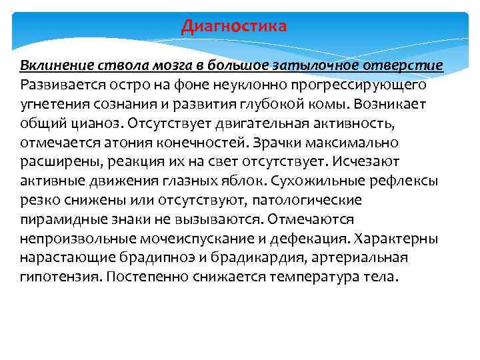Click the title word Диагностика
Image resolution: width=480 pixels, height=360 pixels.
(234, 26)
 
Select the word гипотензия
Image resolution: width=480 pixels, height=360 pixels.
(58, 277)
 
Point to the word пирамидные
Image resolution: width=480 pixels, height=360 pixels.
(61, 219)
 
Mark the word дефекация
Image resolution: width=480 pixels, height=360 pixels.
(313, 239)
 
